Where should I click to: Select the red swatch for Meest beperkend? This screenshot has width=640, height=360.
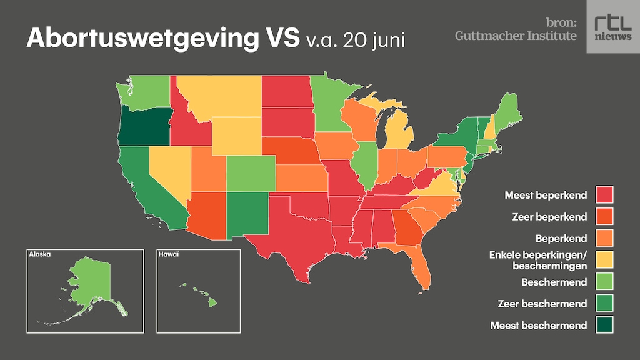click(x=604, y=194)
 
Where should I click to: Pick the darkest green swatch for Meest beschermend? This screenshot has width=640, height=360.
click(x=604, y=325)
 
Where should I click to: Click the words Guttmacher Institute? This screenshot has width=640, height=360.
click(x=516, y=36)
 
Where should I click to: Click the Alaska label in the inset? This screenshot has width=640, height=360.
click(x=39, y=255)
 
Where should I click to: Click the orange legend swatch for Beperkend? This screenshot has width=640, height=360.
click(x=604, y=238)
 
